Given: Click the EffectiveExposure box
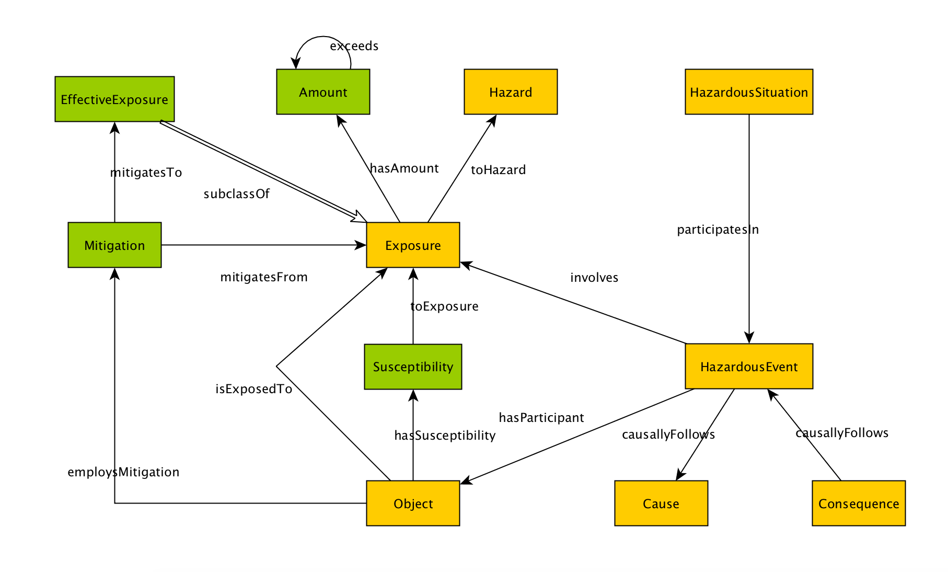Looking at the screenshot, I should pyautogui.click(x=114, y=99).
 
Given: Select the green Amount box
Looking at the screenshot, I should pyautogui.click(x=323, y=92).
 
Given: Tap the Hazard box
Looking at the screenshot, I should pyautogui.click(x=511, y=92).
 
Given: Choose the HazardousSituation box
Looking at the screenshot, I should pyautogui.click(x=749, y=92).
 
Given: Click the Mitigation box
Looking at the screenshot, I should pyautogui.click(x=114, y=245).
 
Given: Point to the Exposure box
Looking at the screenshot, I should pyautogui.click(x=413, y=245).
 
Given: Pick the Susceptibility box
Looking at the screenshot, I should pyautogui.click(x=413, y=367).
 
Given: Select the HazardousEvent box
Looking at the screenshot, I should pyautogui.click(x=749, y=367).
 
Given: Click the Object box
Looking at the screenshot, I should pyautogui.click(x=413, y=504).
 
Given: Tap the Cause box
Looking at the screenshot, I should pyautogui.click(x=661, y=504).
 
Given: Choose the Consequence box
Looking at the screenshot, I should pyautogui.click(x=859, y=504).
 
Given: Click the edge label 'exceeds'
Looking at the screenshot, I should pyautogui.click(x=354, y=46).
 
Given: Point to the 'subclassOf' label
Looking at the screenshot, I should pyautogui.click(x=236, y=194).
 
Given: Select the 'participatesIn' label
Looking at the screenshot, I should pyautogui.click(x=718, y=230).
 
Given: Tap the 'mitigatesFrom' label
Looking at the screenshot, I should pyautogui.click(x=264, y=277).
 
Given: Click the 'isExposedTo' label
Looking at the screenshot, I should pyautogui.click(x=253, y=389).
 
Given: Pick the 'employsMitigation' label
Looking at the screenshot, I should pyautogui.click(x=123, y=472).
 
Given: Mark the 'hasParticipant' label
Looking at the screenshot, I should pyautogui.click(x=541, y=418).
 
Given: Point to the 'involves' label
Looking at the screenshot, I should pyautogui.click(x=594, y=278).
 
